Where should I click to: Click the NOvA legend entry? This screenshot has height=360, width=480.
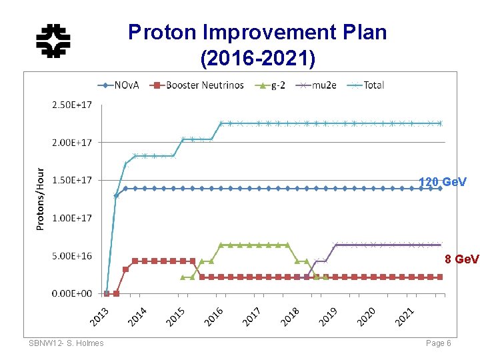point(119,85)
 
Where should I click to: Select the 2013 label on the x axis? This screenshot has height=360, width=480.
point(99,315)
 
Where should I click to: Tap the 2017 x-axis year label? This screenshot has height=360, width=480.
point(252,315)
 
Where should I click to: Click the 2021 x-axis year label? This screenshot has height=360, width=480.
point(404,315)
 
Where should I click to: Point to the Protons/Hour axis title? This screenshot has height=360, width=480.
point(41,199)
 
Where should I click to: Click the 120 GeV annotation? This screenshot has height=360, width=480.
point(442,181)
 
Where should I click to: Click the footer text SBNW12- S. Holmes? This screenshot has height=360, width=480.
point(66,343)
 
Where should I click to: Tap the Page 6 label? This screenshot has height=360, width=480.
point(439,343)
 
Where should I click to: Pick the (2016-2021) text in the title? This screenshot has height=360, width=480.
point(257,59)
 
